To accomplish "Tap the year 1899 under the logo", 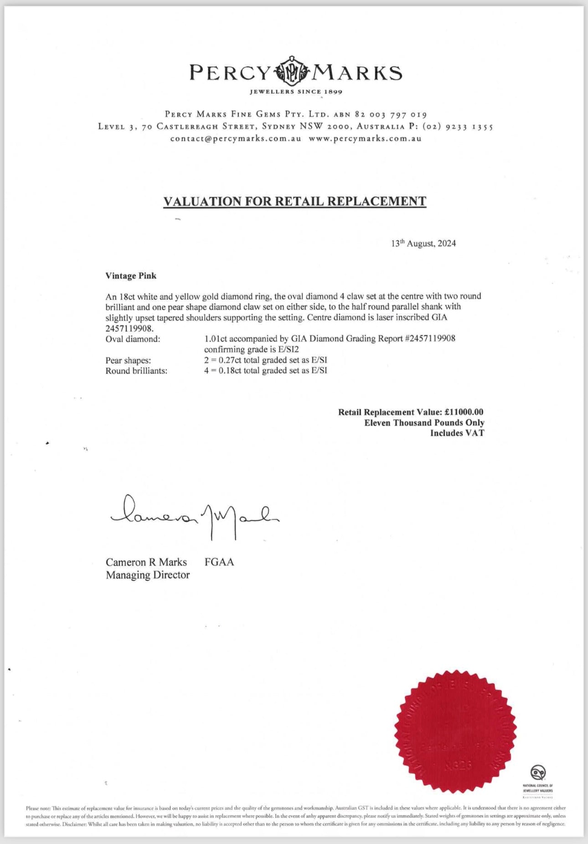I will (333, 92).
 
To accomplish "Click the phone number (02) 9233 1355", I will (458, 126).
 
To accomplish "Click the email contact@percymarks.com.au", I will (236, 139).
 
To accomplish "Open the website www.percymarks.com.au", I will (365, 139).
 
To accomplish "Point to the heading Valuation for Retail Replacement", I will (294, 201).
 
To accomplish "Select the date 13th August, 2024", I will (423, 243).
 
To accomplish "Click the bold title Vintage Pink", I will (131, 276).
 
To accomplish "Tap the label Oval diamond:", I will (133, 339).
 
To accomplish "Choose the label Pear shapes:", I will (128, 361).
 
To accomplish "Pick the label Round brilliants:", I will (136, 371).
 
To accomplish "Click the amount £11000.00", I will (464, 412).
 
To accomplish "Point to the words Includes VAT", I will (457, 433).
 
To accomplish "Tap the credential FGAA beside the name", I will (219, 562).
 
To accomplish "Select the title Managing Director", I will (148, 575).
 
